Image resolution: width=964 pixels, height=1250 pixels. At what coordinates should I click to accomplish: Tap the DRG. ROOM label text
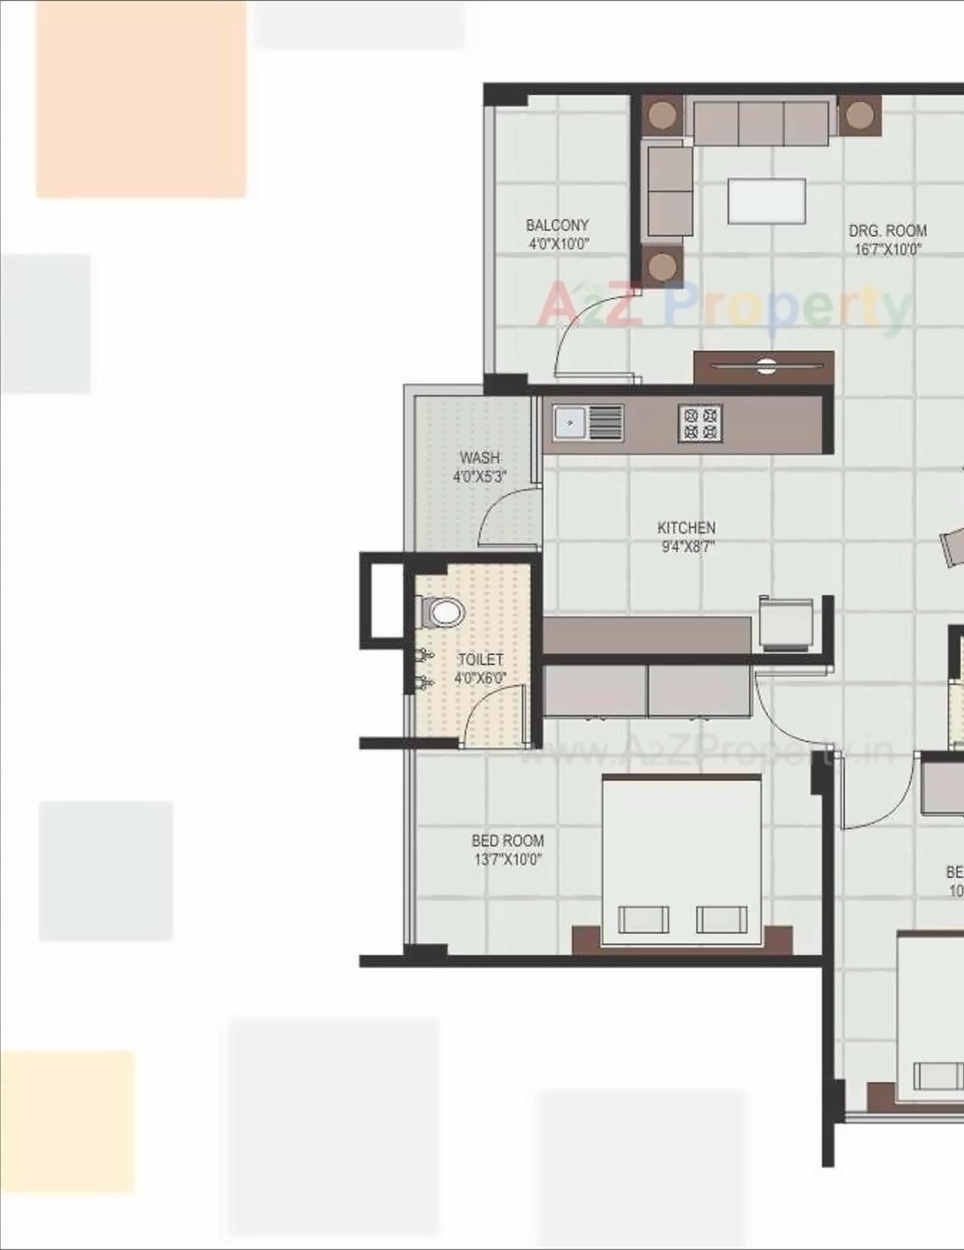coord(887,231)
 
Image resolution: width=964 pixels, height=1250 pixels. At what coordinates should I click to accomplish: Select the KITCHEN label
coord(686,528)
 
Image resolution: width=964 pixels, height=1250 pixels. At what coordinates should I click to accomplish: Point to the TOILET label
coord(480,660)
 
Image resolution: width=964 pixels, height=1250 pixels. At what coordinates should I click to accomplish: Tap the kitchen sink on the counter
coord(571,422)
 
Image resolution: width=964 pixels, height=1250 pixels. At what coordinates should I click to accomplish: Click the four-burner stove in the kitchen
coord(700,423)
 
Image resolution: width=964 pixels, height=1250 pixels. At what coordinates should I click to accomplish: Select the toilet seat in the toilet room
coord(444,612)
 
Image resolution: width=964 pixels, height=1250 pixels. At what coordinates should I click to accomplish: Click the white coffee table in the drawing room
coord(766,201)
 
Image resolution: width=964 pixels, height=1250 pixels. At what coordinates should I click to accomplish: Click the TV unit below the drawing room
coord(764,367)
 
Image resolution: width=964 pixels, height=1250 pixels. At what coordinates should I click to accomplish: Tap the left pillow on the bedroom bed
coord(643,919)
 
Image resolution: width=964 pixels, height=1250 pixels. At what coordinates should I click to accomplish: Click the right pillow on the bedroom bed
coord(721,919)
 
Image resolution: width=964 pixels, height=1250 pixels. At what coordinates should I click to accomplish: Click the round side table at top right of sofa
coord(859,115)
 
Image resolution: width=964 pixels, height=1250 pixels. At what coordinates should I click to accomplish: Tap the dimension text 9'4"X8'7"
coord(687,547)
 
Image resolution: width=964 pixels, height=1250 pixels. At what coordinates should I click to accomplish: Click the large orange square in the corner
coord(141,99)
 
